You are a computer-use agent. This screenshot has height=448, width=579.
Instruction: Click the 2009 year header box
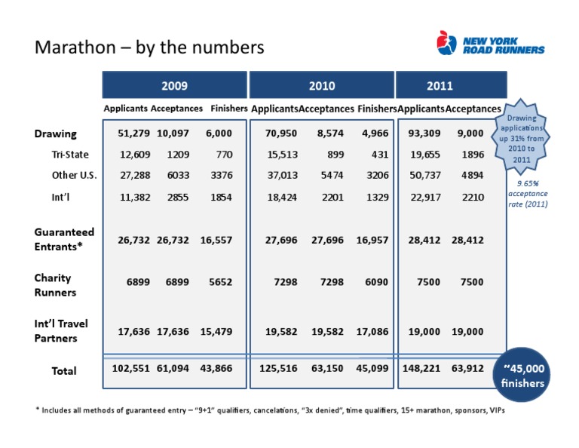click(175, 86)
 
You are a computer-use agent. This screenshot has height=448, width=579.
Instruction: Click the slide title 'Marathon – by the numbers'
click(149, 48)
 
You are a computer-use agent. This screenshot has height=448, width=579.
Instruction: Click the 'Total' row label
click(64, 370)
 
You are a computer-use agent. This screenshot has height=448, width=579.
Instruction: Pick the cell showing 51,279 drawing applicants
click(133, 134)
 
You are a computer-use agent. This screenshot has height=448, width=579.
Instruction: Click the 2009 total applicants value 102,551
click(130, 370)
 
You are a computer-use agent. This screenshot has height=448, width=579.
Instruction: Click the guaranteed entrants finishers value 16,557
click(216, 240)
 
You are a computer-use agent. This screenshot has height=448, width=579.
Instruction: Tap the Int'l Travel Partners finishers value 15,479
click(216, 330)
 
